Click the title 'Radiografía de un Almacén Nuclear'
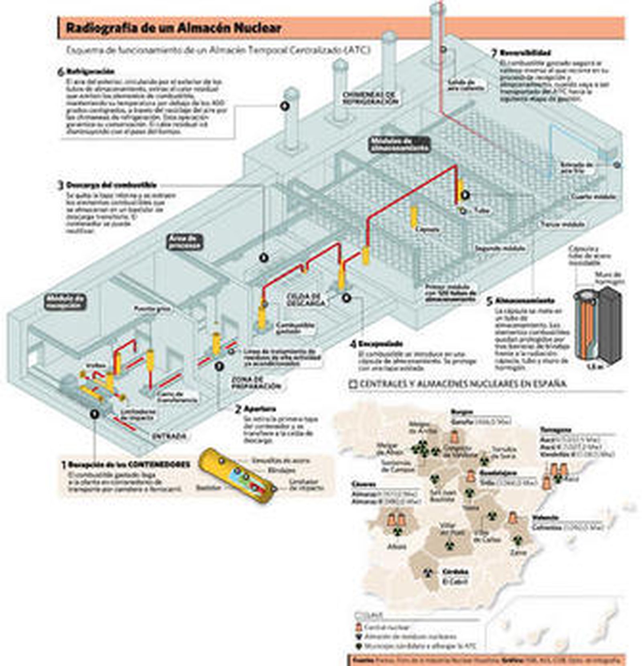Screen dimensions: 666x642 tap(173, 28)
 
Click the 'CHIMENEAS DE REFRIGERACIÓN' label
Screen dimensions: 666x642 tap(370, 98)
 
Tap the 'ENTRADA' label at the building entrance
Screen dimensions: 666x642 tap(169, 436)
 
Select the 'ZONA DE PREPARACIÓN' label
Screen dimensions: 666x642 tap(256, 383)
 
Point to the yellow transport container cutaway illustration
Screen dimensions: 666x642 tap(237, 476)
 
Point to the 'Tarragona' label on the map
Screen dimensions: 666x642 tap(555, 430)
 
